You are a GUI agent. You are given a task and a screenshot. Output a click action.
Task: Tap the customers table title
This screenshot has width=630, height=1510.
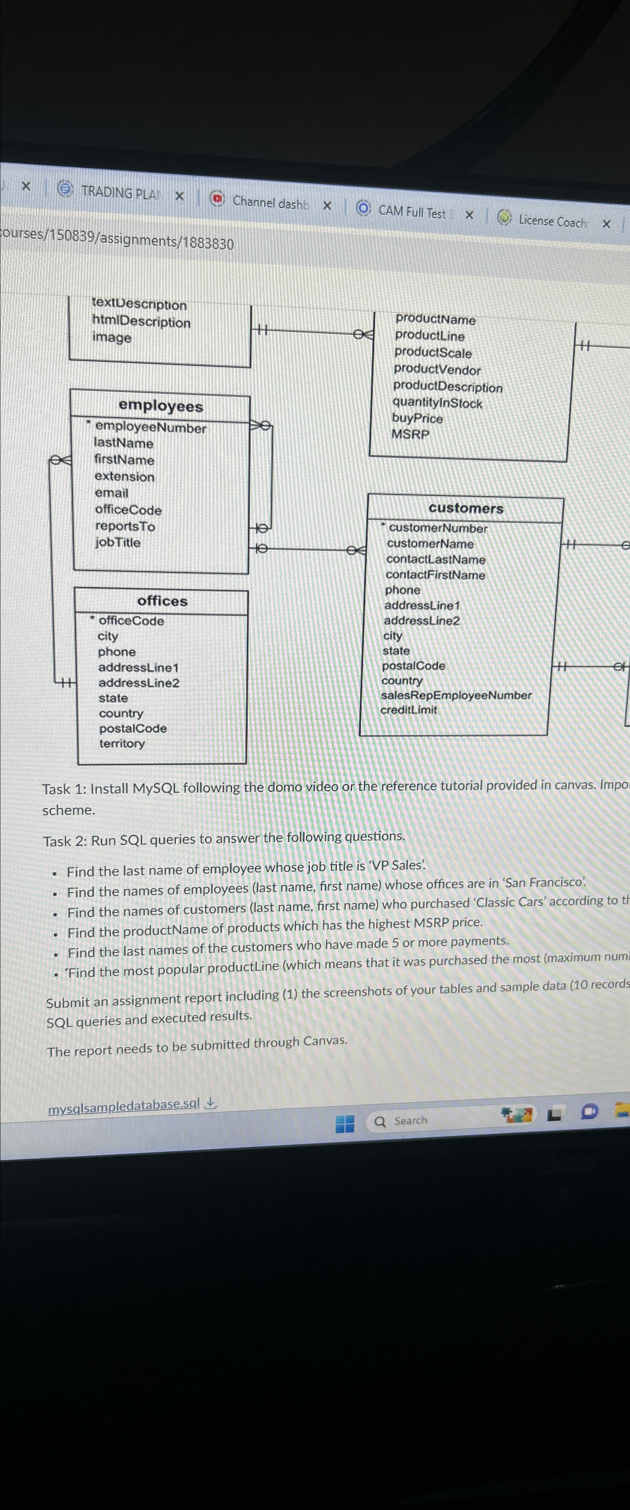pyautogui.click(x=466, y=508)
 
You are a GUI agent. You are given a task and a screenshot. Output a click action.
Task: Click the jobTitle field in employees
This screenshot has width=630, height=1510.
pyautogui.click(x=118, y=542)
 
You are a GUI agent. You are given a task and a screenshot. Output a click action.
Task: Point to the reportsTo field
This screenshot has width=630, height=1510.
pyautogui.click(x=125, y=527)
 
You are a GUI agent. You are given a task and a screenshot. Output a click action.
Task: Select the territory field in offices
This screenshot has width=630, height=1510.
pyautogui.click(x=122, y=743)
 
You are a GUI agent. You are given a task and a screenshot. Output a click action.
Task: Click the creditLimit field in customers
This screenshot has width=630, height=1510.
pyautogui.click(x=408, y=710)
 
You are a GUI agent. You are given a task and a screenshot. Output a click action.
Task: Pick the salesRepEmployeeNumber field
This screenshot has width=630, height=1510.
pyautogui.click(x=456, y=695)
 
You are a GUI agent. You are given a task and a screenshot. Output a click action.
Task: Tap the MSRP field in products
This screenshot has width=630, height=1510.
pyautogui.click(x=410, y=434)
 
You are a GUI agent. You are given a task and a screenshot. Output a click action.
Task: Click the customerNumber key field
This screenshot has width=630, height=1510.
pyautogui.click(x=438, y=528)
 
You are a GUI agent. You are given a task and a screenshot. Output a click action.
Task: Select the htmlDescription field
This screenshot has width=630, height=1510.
pyautogui.click(x=141, y=322)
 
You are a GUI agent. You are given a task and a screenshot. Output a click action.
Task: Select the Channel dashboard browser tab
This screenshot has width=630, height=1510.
pyautogui.click(x=270, y=203)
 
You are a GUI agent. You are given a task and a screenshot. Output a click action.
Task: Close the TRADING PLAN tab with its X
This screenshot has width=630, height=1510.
pyautogui.click(x=179, y=196)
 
